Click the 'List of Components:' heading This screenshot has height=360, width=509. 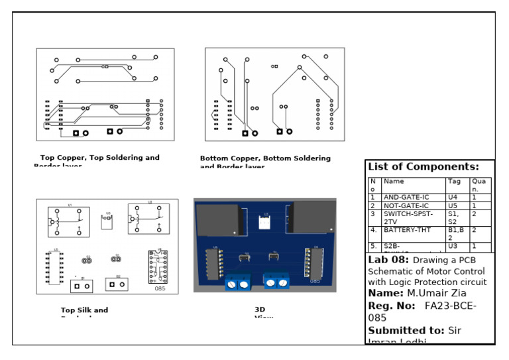point(423,167)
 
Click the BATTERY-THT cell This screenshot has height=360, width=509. point(406,231)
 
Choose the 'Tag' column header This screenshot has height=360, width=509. point(455,182)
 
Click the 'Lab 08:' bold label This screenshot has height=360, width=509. point(388,261)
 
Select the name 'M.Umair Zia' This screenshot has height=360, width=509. point(437,294)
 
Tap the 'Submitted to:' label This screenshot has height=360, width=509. point(406,331)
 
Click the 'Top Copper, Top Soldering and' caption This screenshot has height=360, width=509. point(100,158)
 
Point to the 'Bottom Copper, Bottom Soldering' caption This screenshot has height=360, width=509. point(265,159)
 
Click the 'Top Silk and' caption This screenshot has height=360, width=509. point(84,310)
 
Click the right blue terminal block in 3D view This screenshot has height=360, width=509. point(276,281)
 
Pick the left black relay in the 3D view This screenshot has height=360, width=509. point(217,219)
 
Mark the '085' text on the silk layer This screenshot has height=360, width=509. point(160,289)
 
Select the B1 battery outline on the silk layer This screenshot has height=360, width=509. point(82,286)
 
